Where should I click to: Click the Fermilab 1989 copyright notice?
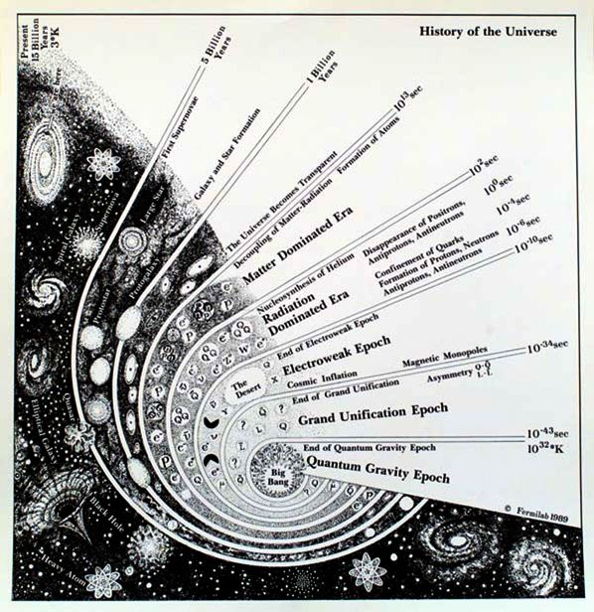point(537,507)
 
